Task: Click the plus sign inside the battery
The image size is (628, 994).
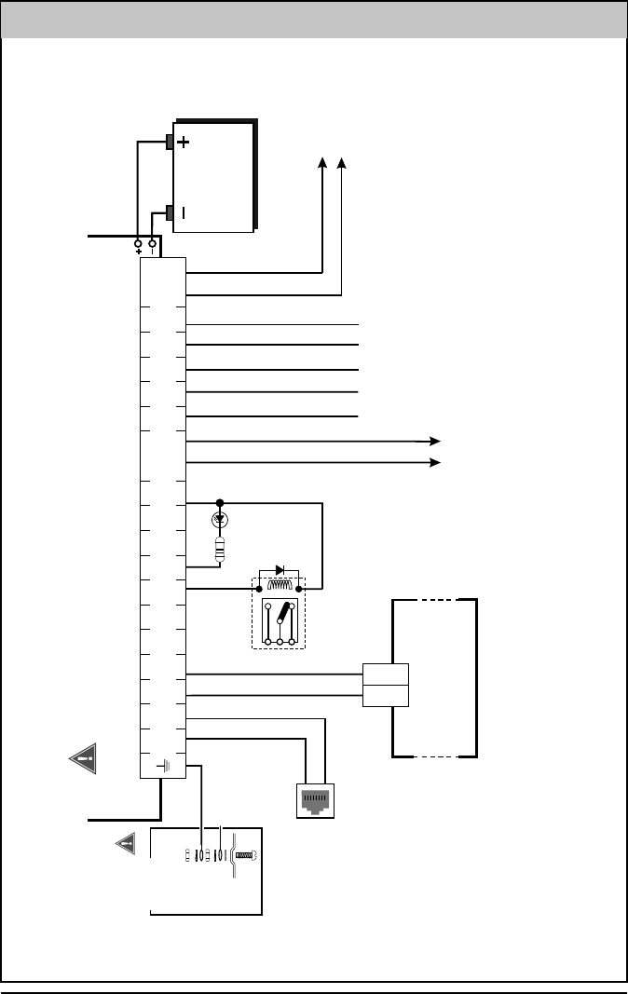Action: pos(184,143)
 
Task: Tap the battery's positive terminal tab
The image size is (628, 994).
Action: pos(171,143)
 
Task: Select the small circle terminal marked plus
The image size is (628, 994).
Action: pos(138,242)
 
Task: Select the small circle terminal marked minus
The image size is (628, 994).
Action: pos(152,242)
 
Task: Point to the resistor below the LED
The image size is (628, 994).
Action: pos(221,550)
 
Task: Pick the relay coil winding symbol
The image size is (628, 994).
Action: pos(279,587)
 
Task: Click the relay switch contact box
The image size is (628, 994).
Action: pos(279,622)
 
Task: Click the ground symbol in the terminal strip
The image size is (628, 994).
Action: pos(164,766)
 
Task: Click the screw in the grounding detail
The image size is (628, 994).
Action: pos(245,855)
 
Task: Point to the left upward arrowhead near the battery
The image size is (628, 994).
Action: pos(323,164)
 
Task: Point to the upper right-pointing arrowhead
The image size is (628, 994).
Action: pos(434,440)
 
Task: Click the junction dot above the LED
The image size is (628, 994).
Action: pos(221,503)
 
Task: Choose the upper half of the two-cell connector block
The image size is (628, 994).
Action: pos(386,674)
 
